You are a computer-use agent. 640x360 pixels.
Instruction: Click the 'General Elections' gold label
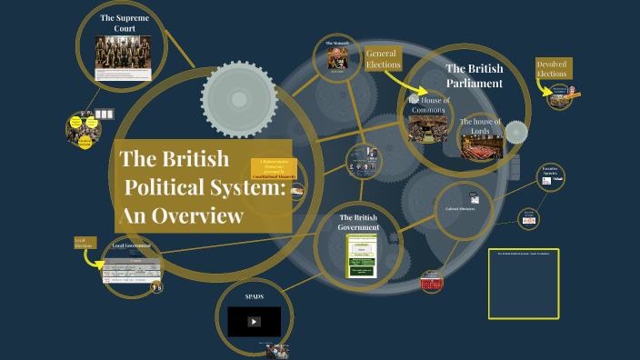(382, 60)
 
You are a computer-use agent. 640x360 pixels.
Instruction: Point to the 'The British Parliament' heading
(474, 75)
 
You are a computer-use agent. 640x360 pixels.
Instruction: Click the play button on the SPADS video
(254, 321)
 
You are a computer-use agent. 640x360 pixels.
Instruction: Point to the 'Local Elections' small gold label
(84, 243)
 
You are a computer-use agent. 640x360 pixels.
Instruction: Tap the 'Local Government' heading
(132, 246)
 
